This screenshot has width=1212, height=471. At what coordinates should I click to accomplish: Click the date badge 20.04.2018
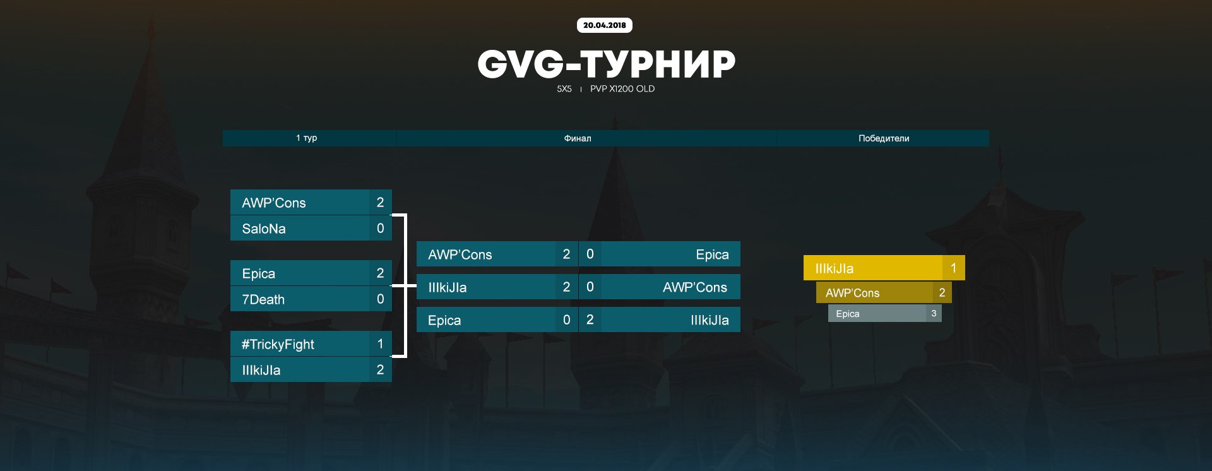[604, 25]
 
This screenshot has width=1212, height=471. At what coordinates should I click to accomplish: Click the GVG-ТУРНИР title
[606, 64]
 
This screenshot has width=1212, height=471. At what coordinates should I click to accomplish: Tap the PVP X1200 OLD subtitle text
[622, 89]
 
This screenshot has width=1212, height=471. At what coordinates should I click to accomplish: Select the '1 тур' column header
[307, 138]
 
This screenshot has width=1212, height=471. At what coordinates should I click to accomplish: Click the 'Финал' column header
[577, 138]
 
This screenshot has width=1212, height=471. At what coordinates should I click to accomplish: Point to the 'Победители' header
[883, 138]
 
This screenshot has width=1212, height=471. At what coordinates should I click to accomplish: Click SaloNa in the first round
[264, 229]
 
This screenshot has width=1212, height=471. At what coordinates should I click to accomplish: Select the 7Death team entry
[263, 299]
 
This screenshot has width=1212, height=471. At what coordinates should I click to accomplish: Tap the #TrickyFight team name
[278, 344]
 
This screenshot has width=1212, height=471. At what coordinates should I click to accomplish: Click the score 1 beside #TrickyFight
[380, 344]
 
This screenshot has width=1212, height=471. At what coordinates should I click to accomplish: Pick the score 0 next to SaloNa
[380, 229]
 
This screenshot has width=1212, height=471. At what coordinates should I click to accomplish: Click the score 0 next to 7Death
[380, 299]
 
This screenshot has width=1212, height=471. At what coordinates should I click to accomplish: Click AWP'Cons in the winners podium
[852, 293]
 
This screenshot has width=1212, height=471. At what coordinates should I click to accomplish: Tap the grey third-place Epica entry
[848, 314]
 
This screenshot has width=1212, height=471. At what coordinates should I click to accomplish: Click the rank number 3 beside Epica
[934, 314]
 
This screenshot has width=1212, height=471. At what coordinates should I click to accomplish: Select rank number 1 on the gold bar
[953, 268]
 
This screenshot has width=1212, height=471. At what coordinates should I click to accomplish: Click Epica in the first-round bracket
[259, 273]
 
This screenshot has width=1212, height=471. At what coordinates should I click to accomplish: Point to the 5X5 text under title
[564, 89]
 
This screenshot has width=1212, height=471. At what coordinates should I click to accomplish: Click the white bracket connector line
[405, 286]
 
